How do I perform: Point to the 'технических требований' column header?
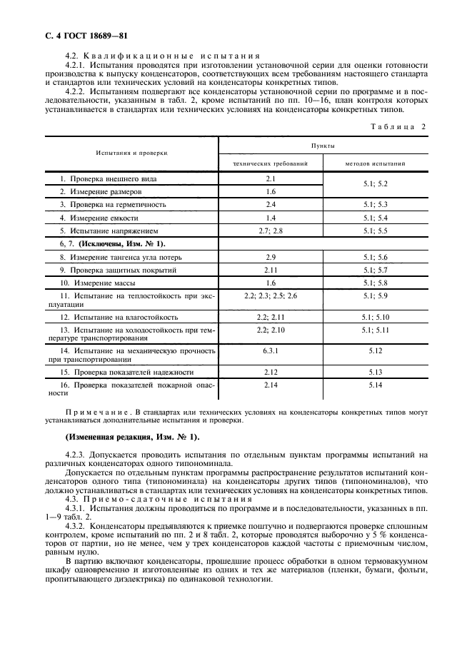271,163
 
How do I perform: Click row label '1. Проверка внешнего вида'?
108,178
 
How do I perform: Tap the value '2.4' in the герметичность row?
271,205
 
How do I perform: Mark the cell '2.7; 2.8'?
271,231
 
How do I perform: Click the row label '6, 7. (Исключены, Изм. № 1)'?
107,244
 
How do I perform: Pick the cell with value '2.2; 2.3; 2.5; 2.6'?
271,295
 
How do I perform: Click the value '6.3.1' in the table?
271,351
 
